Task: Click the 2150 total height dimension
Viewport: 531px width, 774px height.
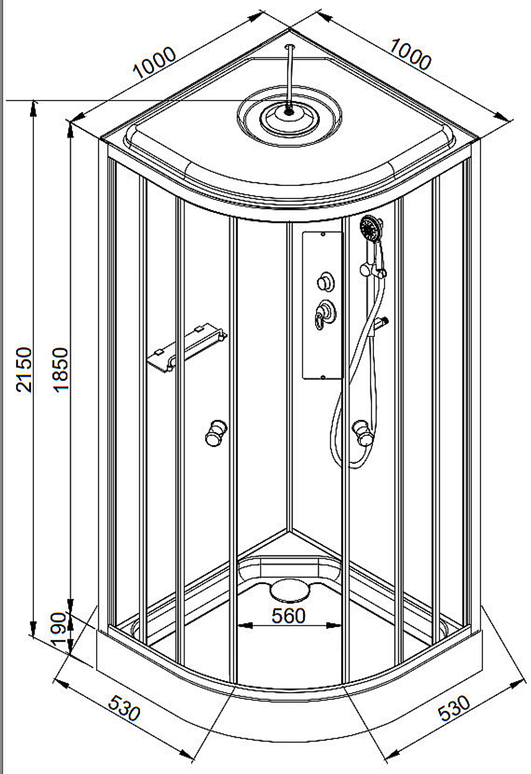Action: coord(24,369)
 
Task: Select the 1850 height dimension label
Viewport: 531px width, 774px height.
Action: coord(61,370)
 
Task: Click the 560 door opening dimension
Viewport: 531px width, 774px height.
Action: coord(289,616)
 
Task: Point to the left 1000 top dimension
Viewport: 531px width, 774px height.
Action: coord(155,63)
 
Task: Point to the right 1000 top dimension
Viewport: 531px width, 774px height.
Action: coord(411,55)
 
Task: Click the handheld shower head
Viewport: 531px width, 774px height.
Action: coord(371,228)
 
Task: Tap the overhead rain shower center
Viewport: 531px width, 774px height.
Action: coord(289,111)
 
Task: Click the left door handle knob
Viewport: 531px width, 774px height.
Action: coord(216,433)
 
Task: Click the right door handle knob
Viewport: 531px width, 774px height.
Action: coord(363,432)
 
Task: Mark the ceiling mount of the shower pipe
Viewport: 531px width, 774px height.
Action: coord(290,46)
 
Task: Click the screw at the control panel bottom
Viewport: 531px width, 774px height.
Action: coord(323,377)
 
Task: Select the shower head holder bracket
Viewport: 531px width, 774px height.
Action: coord(373,270)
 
